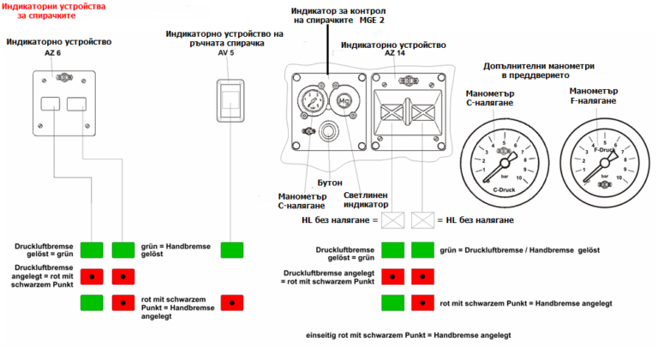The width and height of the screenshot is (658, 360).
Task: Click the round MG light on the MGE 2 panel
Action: (x=345, y=102)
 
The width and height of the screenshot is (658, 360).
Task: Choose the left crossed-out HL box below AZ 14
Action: (x=394, y=221)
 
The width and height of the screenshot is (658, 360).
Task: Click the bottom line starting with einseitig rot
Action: (x=416, y=334)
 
